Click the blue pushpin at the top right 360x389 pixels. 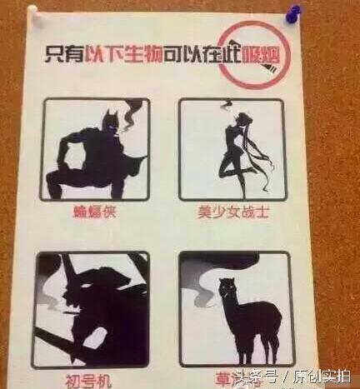[x=319, y=14]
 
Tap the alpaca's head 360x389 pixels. [x=225, y=291]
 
